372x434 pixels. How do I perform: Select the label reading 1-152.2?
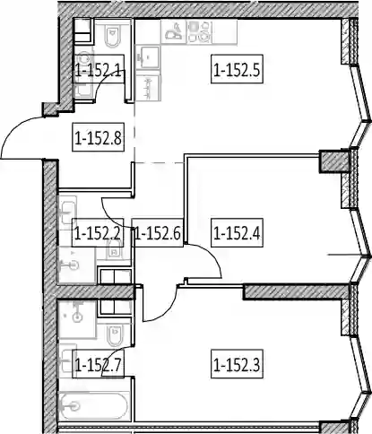(x=98, y=233)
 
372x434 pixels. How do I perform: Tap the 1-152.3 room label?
(x=237, y=364)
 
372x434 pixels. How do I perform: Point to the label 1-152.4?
(x=237, y=233)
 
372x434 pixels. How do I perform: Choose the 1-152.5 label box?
(x=237, y=69)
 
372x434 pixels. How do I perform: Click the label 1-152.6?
(x=158, y=233)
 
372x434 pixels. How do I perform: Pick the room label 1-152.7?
(x=98, y=364)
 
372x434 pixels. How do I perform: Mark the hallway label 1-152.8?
(x=98, y=137)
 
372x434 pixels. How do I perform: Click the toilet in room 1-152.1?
(x=112, y=35)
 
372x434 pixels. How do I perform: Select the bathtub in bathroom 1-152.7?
(x=94, y=406)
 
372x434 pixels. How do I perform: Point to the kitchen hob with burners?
(x=199, y=31)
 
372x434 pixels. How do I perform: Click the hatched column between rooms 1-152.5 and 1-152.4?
(x=333, y=161)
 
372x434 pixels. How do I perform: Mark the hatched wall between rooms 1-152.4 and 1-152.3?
(x=296, y=291)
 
